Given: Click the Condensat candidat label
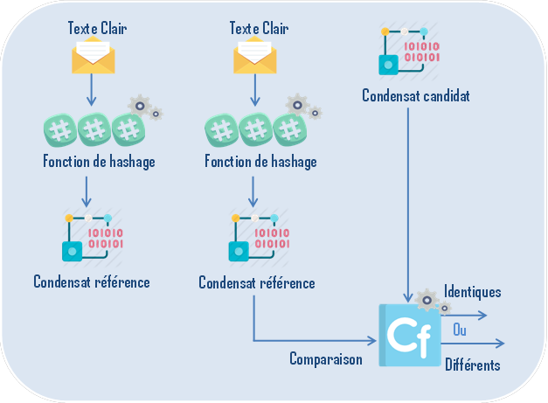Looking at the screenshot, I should [x=415, y=96].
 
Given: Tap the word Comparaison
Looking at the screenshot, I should [x=325, y=358].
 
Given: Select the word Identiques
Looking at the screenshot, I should [x=472, y=291].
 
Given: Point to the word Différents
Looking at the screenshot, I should [x=472, y=365].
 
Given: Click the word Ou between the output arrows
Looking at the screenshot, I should [x=459, y=330].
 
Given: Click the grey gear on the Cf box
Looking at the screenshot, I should [x=427, y=301].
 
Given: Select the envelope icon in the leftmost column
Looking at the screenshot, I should [x=93, y=57].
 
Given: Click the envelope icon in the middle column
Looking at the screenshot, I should [x=254, y=57].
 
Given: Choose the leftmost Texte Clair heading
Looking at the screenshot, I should [x=97, y=29].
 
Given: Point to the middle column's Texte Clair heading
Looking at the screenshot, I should [x=259, y=29].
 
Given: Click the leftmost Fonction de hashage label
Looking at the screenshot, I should [x=99, y=162].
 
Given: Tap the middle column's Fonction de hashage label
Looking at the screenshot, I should [x=260, y=162].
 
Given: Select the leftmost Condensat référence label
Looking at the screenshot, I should [x=92, y=281].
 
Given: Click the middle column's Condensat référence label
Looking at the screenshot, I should [x=256, y=283].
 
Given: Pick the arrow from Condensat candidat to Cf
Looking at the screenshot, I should [x=410, y=201].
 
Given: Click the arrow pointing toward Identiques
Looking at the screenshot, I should [x=472, y=312].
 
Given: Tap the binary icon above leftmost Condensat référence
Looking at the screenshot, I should [x=92, y=239].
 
